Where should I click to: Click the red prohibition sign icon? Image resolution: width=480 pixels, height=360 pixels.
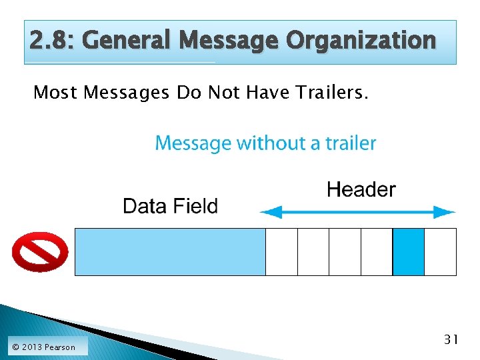(x=40, y=251)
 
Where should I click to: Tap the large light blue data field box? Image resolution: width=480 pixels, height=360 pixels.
(x=170, y=251)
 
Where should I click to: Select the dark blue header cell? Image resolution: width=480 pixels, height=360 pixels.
(x=408, y=251)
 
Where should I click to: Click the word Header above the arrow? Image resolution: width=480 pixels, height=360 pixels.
(x=361, y=190)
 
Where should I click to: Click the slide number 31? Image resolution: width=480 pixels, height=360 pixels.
(x=451, y=340)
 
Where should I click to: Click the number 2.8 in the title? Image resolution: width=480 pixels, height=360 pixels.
(x=51, y=41)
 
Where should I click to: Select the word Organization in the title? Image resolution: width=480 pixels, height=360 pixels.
(x=361, y=41)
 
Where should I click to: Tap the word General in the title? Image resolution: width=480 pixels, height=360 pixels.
(x=127, y=41)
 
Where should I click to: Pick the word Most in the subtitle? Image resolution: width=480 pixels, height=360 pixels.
(x=55, y=93)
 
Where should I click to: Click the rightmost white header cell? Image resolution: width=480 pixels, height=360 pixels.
(x=440, y=251)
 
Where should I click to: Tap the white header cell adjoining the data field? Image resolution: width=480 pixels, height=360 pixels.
(x=281, y=251)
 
